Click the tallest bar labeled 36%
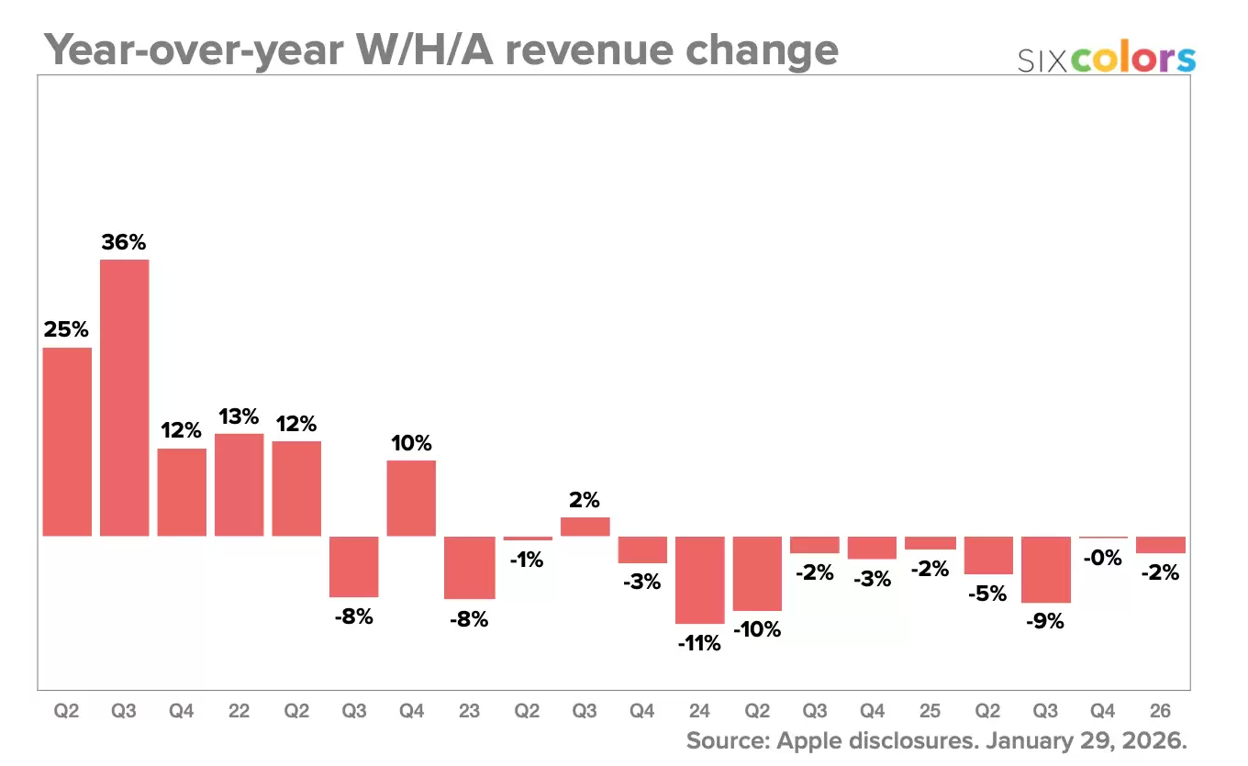(125, 397)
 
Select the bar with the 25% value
(67, 441)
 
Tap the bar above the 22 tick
(240, 484)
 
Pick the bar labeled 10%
(411, 497)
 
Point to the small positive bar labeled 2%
(585, 527)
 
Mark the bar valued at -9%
(1046, 570)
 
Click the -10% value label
(757, 629)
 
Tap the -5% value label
(988, 594)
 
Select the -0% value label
(1103, 557)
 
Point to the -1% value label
(528, 559)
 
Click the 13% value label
(239, 416)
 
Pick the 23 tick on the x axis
(469, 711)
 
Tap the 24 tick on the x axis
(699, 711)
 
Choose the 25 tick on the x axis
(930, 711)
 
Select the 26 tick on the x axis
(1161, 711)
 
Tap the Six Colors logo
(1107, 59)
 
